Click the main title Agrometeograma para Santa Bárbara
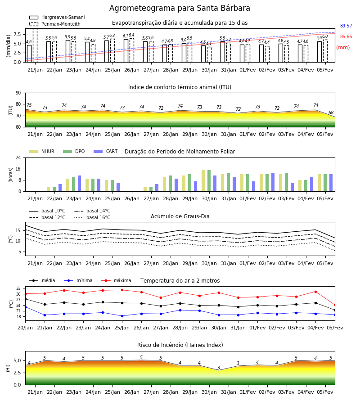(180, 8)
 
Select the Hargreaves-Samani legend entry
(57, 17)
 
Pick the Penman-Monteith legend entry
(55, 24)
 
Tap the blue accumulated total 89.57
(346, 26)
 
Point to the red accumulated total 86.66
(346, 37)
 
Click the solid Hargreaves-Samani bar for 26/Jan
(126, 50)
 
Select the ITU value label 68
(331, 112)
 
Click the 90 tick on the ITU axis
(18, 93)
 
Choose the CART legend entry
(106, 151)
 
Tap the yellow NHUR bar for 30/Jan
(203, 181)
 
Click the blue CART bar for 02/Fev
(273, 182)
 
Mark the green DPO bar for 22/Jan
(54, 189)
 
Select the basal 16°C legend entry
(92, 217)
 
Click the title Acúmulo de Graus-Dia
(180, 216)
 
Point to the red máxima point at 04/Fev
(315, 292)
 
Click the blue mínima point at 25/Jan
(122, 316)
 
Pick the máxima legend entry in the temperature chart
(117, 280)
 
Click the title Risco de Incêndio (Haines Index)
(180, 345)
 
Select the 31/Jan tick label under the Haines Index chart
(229, 392)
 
